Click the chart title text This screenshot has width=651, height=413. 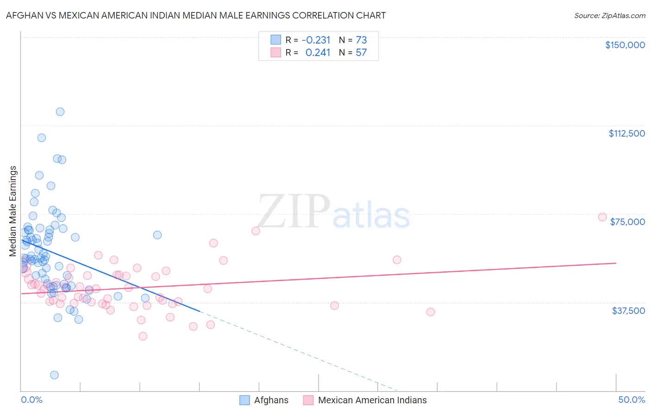[x=195, y=15]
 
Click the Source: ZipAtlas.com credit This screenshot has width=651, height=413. [x=609, y=15]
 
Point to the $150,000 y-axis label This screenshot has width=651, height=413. [x=625, y=45]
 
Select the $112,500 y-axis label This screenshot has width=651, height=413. [x=626, y=133]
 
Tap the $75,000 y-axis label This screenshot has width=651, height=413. [x=627, y=222]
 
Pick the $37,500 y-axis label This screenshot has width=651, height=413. [x=628, y=311]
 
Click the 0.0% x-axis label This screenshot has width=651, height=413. [x=31, y=400]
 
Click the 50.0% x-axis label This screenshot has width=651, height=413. [x=631, y=400]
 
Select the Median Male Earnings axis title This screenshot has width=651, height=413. [x=13, y=211]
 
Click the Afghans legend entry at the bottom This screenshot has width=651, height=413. [x=271, y=400]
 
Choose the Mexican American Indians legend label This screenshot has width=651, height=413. [x=372, y=400]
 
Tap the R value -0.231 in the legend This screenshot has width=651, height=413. [x=316, y=40]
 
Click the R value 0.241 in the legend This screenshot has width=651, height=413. [x=318, y=53]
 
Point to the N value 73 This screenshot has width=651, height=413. [x=361, y=40]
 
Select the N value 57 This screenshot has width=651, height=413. [x=361, y=53]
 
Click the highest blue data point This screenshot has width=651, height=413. [x=60, y=112]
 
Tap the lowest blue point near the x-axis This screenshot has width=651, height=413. [x=54, y=375]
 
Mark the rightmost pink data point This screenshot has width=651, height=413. [x=602, y=217]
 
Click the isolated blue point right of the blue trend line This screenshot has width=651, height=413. [x=157, y=235]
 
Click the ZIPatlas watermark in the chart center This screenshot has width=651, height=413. [x=333, y=212]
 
